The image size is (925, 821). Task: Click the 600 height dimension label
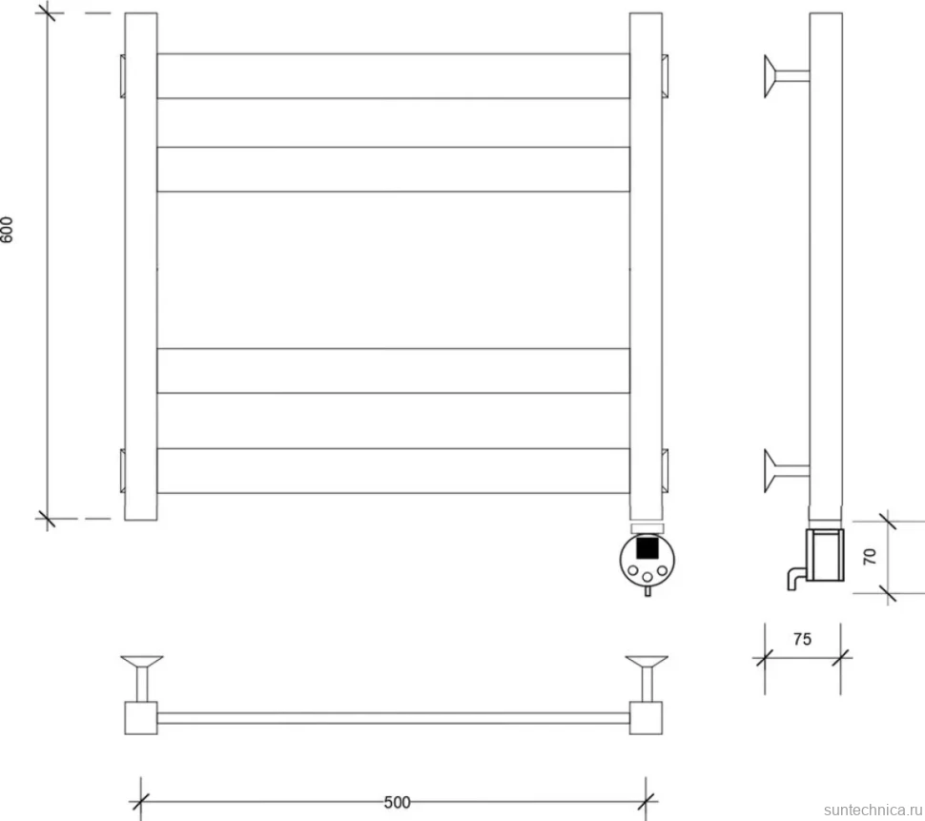coord(7,230)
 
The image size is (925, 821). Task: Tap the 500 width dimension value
coord(397,802)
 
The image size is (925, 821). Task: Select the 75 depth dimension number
coord(802,639)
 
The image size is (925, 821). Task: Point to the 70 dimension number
coord(870,556)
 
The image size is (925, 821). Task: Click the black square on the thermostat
coord(647,548)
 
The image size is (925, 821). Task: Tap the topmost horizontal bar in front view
coord(394,76)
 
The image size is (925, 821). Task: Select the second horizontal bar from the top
coord(394,170)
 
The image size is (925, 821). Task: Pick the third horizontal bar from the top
coord(394,370)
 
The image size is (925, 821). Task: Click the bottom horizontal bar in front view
coord(394,471)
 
